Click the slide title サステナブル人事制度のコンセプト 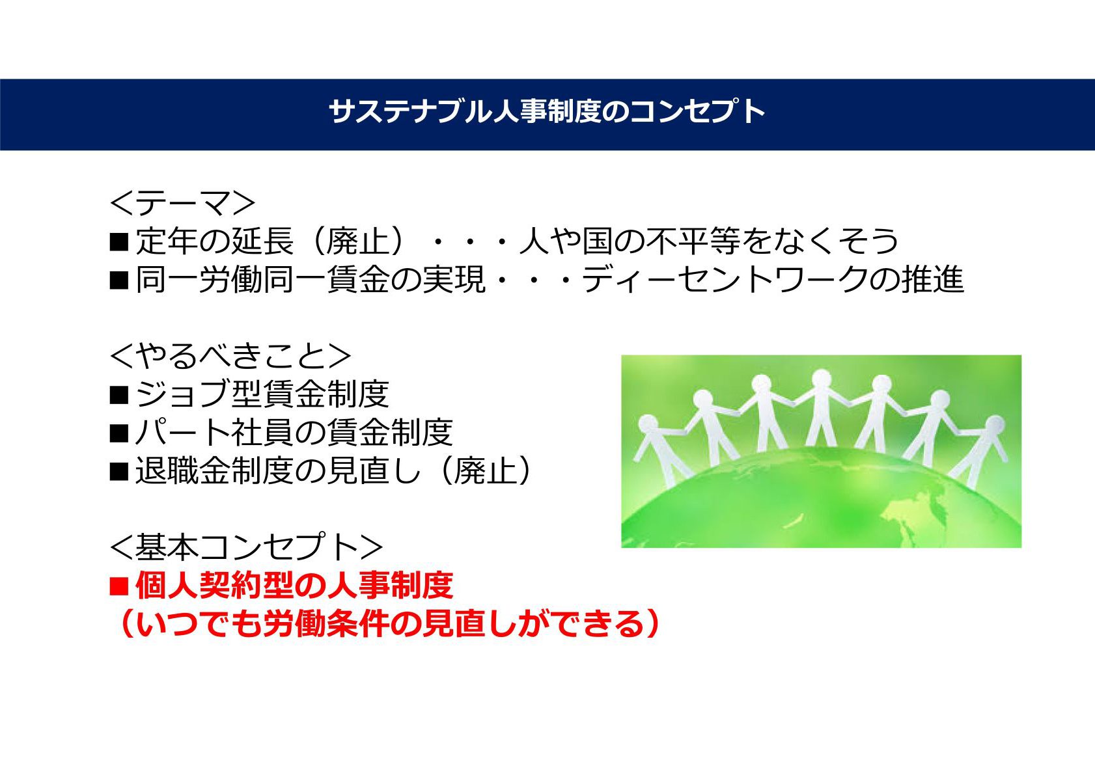point(546,111)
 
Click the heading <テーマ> point(182,203)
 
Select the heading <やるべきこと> point(230,356)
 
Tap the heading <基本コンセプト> point(246,547)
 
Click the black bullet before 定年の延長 point(119,241)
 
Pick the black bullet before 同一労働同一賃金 point(119,280)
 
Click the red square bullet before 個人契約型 point(119,586)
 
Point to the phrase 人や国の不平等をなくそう point(709,241)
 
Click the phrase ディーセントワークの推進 point(773,280)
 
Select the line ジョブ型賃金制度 point(262,394)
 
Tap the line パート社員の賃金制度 point(294,433)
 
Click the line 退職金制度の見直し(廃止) point(333,471)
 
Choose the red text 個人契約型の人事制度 point(294,586)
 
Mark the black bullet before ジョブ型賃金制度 point(119,394)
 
